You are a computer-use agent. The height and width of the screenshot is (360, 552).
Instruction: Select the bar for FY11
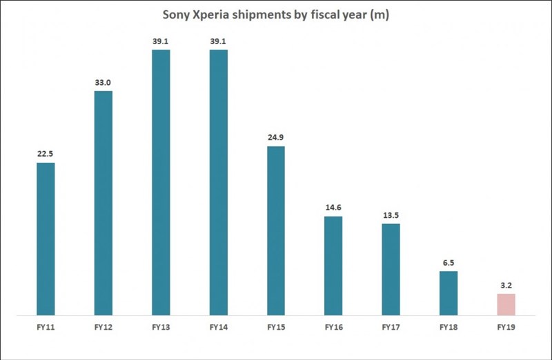click(x=46, y=239)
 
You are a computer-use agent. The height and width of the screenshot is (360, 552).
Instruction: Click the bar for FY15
click(x=275, y=230)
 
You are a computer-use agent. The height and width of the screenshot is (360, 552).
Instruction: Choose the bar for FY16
click(x=333, y=266)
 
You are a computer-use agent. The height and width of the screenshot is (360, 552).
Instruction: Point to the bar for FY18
click(x=448, y=293)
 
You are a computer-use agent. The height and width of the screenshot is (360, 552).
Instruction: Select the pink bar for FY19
click(x=506, y=304)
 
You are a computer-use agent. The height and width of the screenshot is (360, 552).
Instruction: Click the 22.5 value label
click(x=46, y=154)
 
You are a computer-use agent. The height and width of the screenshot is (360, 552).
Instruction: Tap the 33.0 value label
click(x=103, y=82)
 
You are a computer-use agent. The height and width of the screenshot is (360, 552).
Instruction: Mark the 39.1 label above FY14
click(x=218, y=41)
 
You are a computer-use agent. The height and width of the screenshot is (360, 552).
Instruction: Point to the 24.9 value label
click(x=275, y=137)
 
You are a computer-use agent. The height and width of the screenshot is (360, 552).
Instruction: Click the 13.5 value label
click(x=391, y=214)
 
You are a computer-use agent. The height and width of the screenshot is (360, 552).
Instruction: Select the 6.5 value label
click(x=448, y=262)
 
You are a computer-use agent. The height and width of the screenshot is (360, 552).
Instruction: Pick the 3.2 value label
click(x=506, y=285)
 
